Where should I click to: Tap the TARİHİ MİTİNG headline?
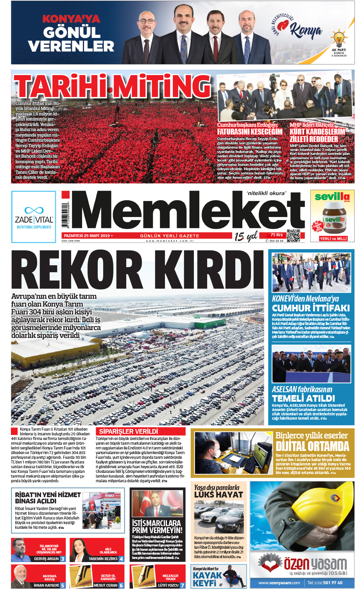click(113, 86)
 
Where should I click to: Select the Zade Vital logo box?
click(34, 217)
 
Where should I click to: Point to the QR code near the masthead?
click(293, 235)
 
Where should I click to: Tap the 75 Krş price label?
click(276, 235)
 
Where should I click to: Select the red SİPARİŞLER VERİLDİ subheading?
click(129, 431)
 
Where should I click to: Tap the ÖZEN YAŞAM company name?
click(315, 564)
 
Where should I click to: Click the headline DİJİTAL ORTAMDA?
click(312, 446)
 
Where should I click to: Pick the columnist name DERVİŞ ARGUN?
click(46, 559)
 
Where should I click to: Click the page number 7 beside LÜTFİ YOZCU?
click(182, 586)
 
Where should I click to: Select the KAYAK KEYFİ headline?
click(208, 579)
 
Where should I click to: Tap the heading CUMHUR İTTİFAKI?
click(311, 308)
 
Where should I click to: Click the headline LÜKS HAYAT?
click(219, 494)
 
